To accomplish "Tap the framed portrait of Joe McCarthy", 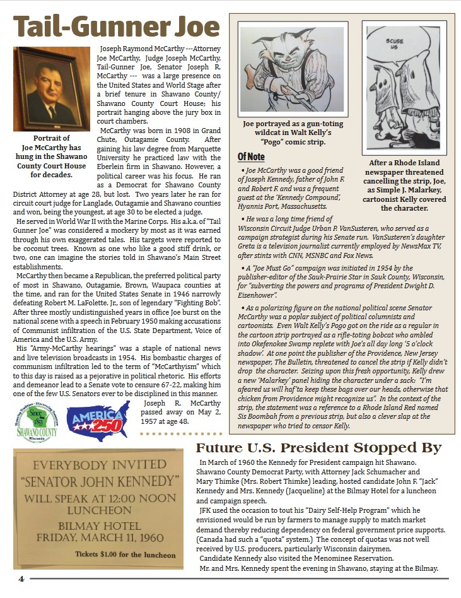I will tap(52, 89).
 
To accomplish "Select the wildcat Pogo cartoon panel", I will tap(292, 71).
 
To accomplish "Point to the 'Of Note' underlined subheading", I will tap(251, 156).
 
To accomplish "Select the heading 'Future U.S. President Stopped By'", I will tap(318, 448).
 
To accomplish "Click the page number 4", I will tap(20, 578).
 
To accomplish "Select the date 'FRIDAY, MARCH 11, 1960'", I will tap(93, 538).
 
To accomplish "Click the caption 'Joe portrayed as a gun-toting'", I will tap(292, 124).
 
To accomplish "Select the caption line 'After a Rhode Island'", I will tap(404, 163).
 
